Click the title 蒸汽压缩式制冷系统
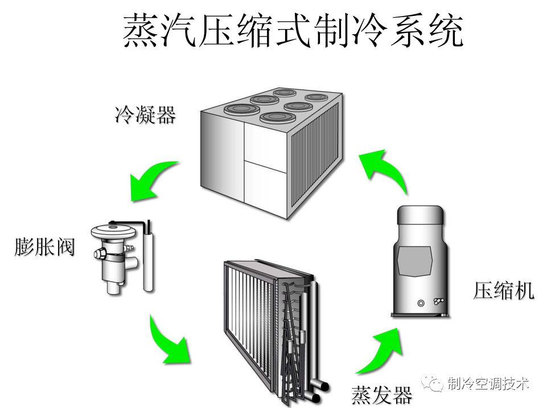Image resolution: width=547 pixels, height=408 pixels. [293, 30]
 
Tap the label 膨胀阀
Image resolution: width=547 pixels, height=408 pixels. [45, 248]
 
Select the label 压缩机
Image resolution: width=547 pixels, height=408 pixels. [504, 291]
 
